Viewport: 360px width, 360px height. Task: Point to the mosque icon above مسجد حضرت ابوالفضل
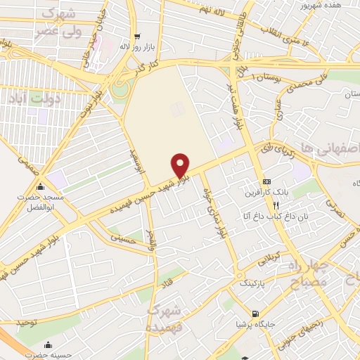[x=41, y=187]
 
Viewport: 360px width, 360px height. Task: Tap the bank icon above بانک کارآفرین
[x=266, y=181]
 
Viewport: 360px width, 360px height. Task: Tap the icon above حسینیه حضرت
[x=48, y=345]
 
